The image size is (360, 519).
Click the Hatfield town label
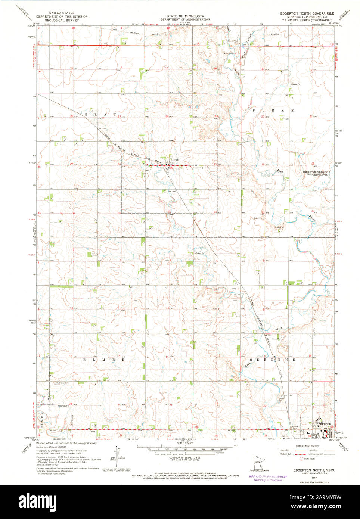point(175,160)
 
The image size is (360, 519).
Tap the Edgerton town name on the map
point(325,423)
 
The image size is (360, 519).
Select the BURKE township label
point(273,111)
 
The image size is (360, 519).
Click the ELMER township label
point(101,360)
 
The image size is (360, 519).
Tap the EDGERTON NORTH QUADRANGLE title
point(307,13)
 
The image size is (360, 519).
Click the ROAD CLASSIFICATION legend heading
point(307,446)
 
